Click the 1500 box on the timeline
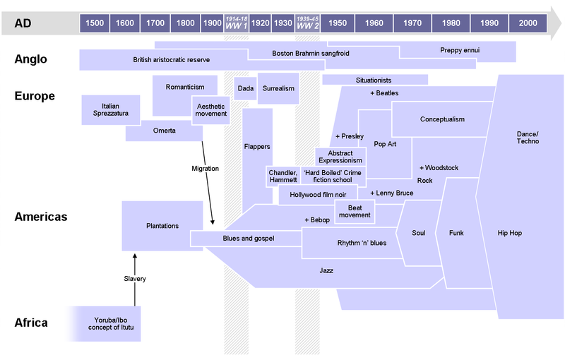click(x=95, y=23)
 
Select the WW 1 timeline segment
click(x=236, y=23)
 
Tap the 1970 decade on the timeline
click(x=412, y=23)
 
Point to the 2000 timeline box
click(x=527, y=23)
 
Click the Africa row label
click(x=31, y=323)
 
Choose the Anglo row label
click(x=30, y=59)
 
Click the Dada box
click(x=245, y=89)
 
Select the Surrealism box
click(x=278, y=89)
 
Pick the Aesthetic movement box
click(x=211, y=109)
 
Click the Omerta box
click(x=164, y=131)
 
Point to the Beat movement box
click(x=355, y=210)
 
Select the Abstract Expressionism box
click(x=340, y=156)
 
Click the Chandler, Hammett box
click(x=283, y=176)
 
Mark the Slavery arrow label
click(x=134, y=279)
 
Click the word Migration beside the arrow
click(x=205, y=169)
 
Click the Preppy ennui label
click(x=459, y=51)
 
